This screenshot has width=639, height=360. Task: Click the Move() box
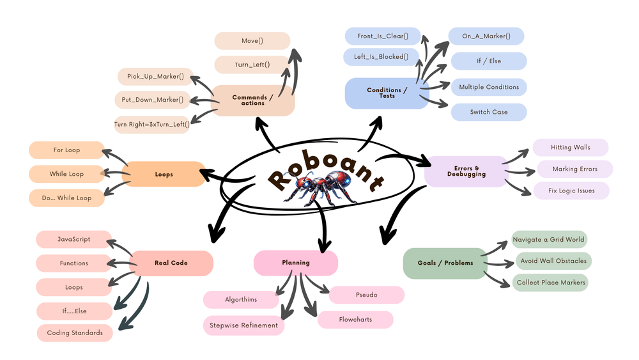click(x=252, y=41)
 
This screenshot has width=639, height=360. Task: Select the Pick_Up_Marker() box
click(x=155, y=77)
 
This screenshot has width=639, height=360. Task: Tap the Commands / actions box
click(x=253, y=100)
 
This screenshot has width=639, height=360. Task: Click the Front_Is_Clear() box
click(x=382, y=36)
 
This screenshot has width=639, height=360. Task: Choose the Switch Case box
click(x=489, y=112)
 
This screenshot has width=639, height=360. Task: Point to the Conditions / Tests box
click(x=385, y=93)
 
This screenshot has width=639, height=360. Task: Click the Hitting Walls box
click(x=570, y=148)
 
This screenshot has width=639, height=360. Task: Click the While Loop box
click(x=66, y=174)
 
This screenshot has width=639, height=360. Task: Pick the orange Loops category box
click(x=164, y=174)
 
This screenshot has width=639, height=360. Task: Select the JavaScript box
click(x=73, y=239)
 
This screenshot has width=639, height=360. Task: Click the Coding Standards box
click(x=75, y=333)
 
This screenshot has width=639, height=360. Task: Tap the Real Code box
click(x=171, y=263)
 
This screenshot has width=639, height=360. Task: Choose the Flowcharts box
click(x=355, y=319)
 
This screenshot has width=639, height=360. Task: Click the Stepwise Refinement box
click(x=243, y=325)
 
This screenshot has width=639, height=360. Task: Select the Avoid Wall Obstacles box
click(x=552, y=261)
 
